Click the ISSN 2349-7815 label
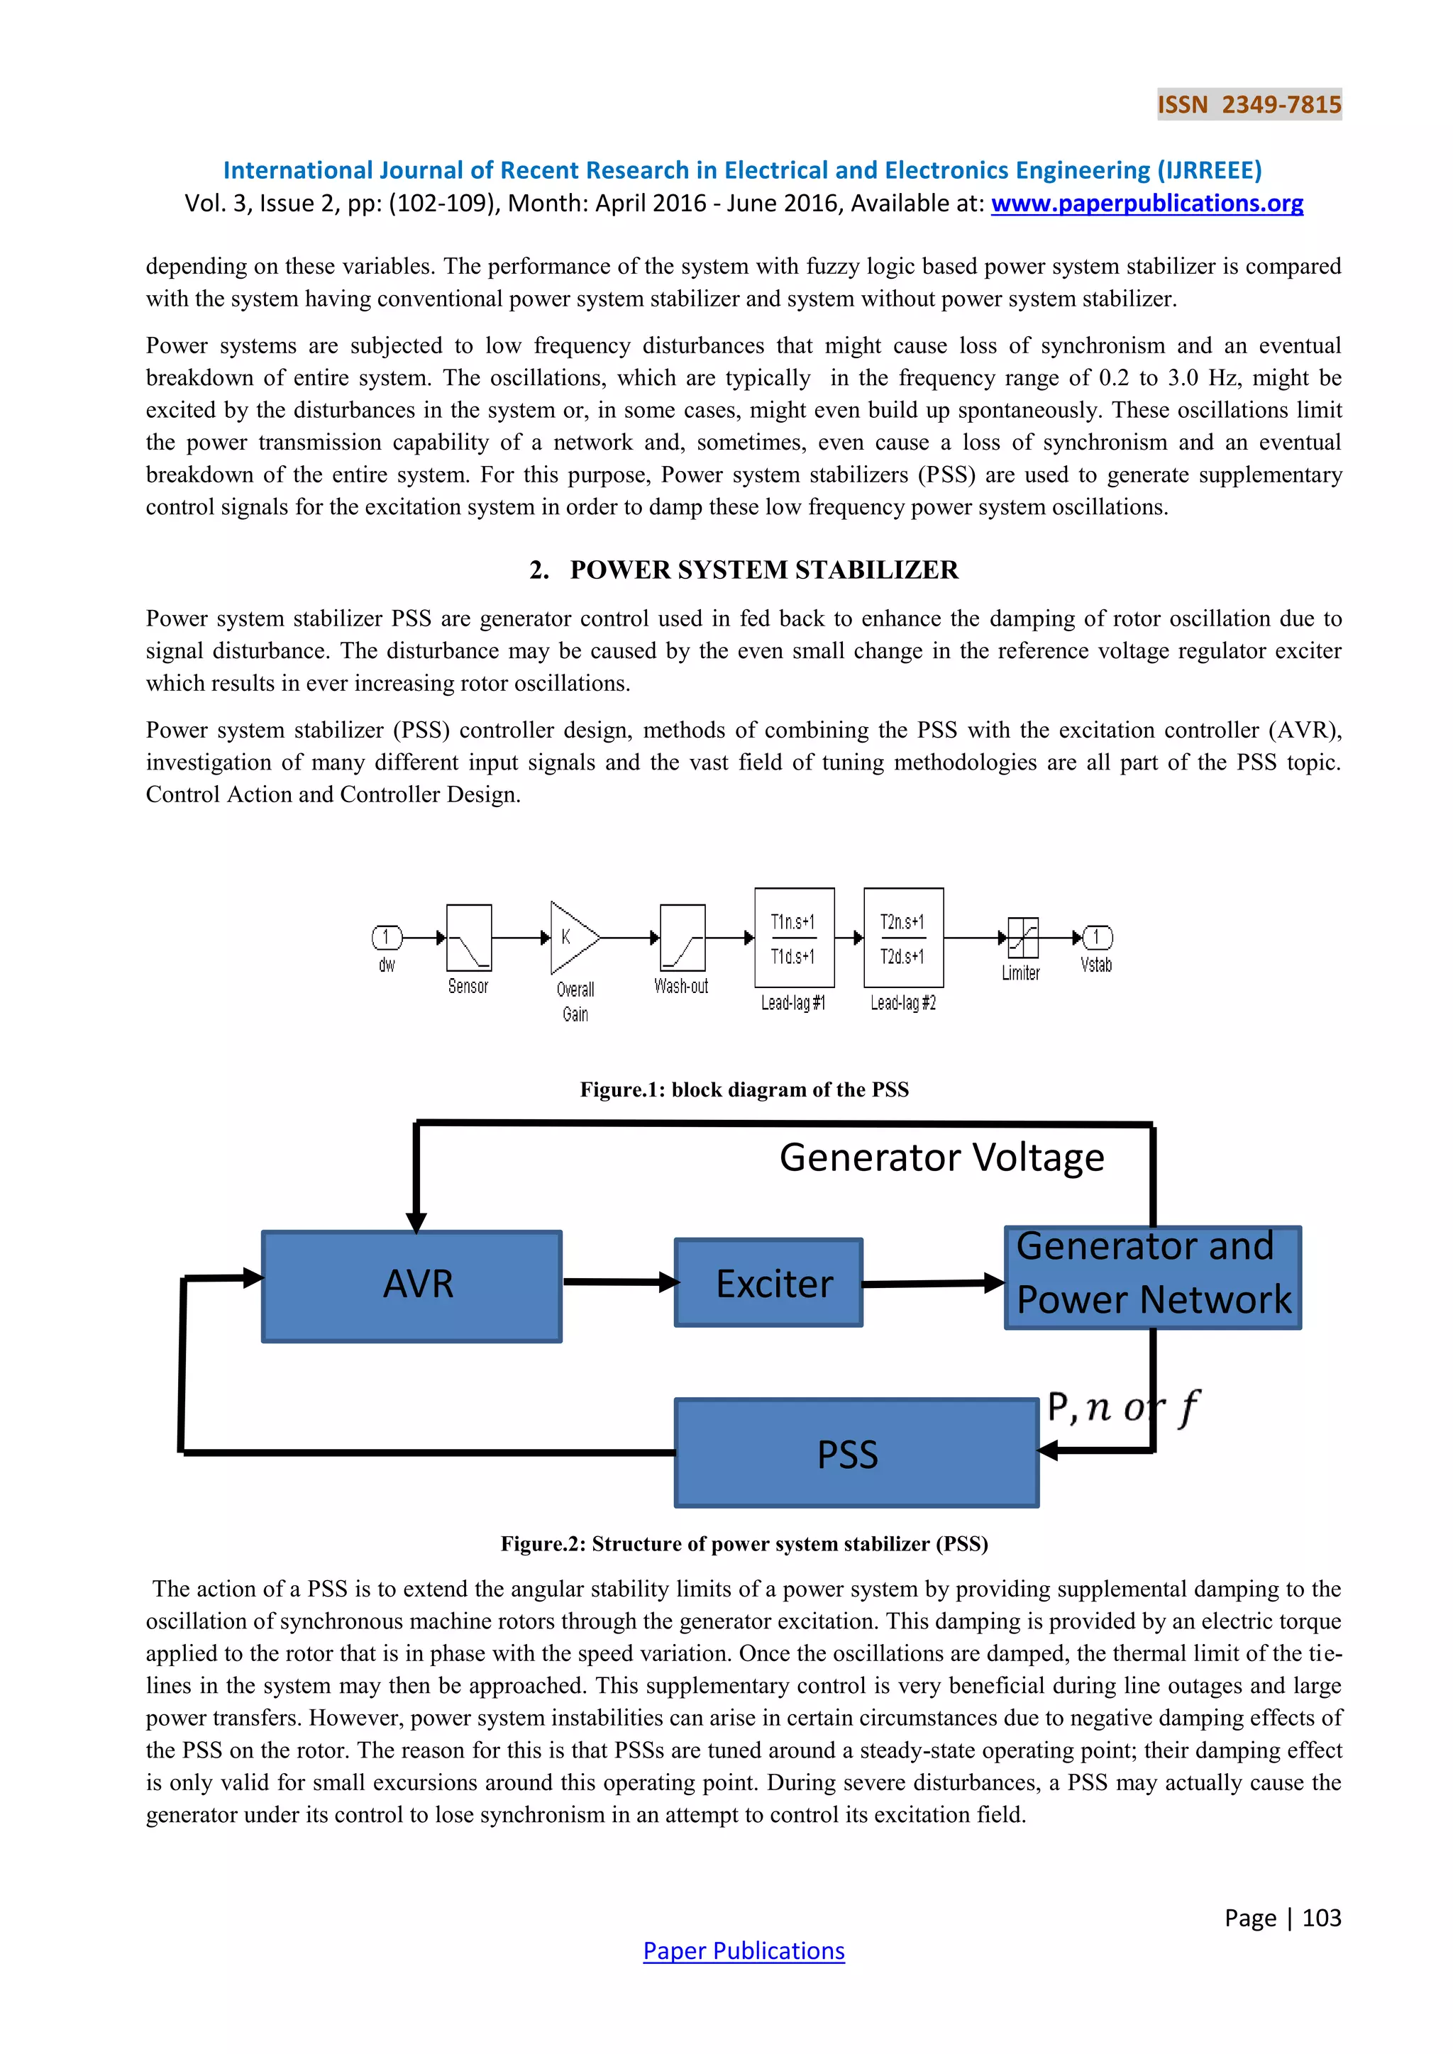[1249, 105]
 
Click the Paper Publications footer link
[744, 1950]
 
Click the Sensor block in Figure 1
[469, 938]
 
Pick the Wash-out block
[682, 938]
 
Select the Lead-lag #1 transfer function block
[795, 938]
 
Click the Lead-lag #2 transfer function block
[902, 938]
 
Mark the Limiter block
[1022, 938]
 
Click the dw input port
[387, 938]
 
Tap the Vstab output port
[1097, 938]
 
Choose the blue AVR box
[411, 1286]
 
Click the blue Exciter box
[768, 1283]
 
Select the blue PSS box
[856, 1453]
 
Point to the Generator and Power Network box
[1152, 1277]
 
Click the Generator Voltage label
[941, 1158]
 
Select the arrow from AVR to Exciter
[619, 1282]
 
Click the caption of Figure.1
[744, 1089]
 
